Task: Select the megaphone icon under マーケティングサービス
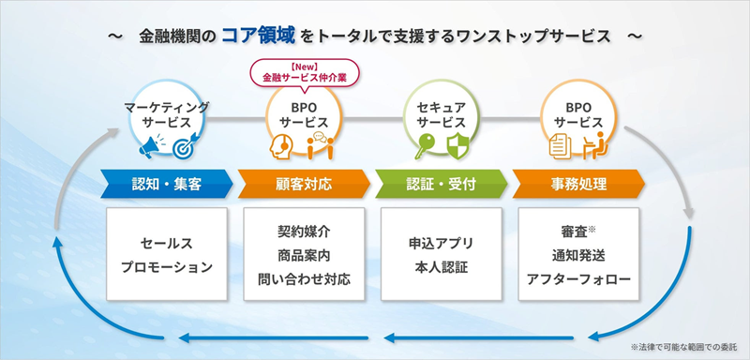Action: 149,147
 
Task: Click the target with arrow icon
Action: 183,146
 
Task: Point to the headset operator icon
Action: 281,145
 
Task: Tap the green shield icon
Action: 457,146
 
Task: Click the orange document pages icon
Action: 560,146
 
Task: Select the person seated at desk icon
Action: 595,145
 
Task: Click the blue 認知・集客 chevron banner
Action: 167,184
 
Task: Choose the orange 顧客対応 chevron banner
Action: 304,184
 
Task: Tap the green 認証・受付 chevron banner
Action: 442,184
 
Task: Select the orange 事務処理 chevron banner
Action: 578,184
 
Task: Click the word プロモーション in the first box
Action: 167,267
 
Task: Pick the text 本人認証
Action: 442,267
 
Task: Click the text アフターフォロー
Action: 578,279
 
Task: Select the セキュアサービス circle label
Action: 442,114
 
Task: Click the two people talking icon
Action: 321,145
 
